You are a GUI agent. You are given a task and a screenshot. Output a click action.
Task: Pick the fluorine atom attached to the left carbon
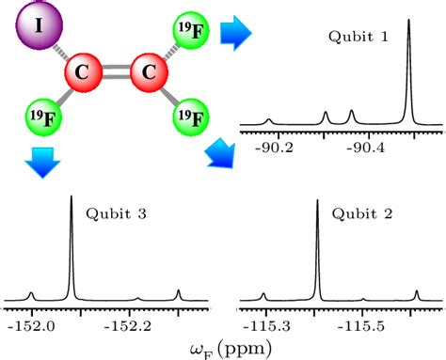click(43, 119)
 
